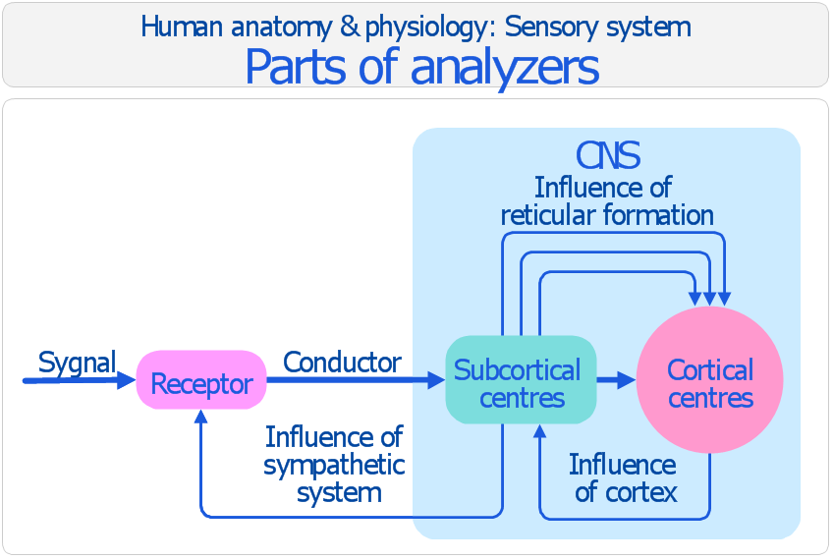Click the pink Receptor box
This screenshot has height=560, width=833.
coord(201,380)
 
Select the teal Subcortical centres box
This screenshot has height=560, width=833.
coord(521,380)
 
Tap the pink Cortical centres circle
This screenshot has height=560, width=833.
coord(709,380)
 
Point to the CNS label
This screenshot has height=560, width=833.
coord(608,155)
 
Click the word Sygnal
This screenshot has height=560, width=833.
coord(77,363)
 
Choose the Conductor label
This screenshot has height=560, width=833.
coord(342,363)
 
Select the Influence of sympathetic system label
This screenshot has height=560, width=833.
coord(334,464)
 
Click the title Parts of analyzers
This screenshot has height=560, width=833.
coord(421,67)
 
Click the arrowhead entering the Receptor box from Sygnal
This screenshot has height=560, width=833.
coord(127,380)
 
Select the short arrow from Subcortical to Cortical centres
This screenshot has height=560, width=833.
coord(616,380)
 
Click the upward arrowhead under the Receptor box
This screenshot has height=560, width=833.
coord(201,417)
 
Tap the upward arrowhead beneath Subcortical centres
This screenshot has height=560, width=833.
coord(539,431)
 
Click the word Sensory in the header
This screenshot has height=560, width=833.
coord(546,27)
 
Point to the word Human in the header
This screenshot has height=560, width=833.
coord(174,27)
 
